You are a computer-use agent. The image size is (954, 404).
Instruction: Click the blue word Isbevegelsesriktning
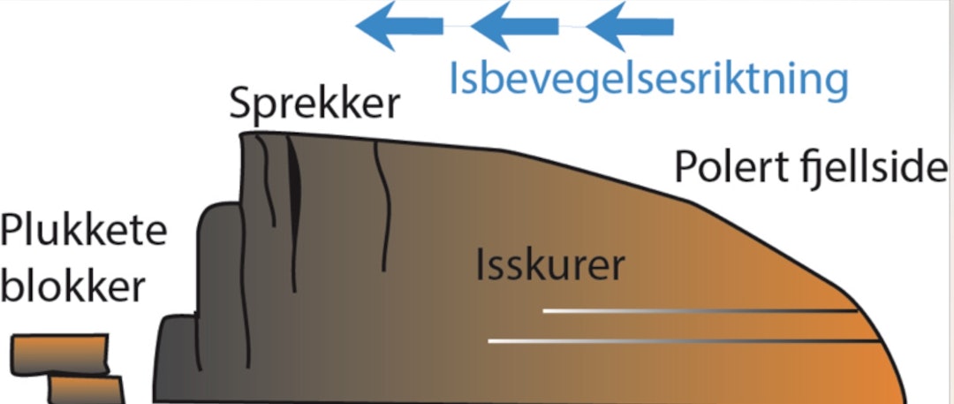(648, 80)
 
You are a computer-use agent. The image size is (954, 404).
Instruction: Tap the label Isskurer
(550, 266)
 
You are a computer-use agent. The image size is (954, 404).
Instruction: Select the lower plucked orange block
(85, 389)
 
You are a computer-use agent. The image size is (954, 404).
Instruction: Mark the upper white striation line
(698, 310)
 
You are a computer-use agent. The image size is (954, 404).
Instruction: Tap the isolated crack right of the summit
(381, 208)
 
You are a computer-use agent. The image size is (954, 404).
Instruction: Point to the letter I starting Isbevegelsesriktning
(454, 78)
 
